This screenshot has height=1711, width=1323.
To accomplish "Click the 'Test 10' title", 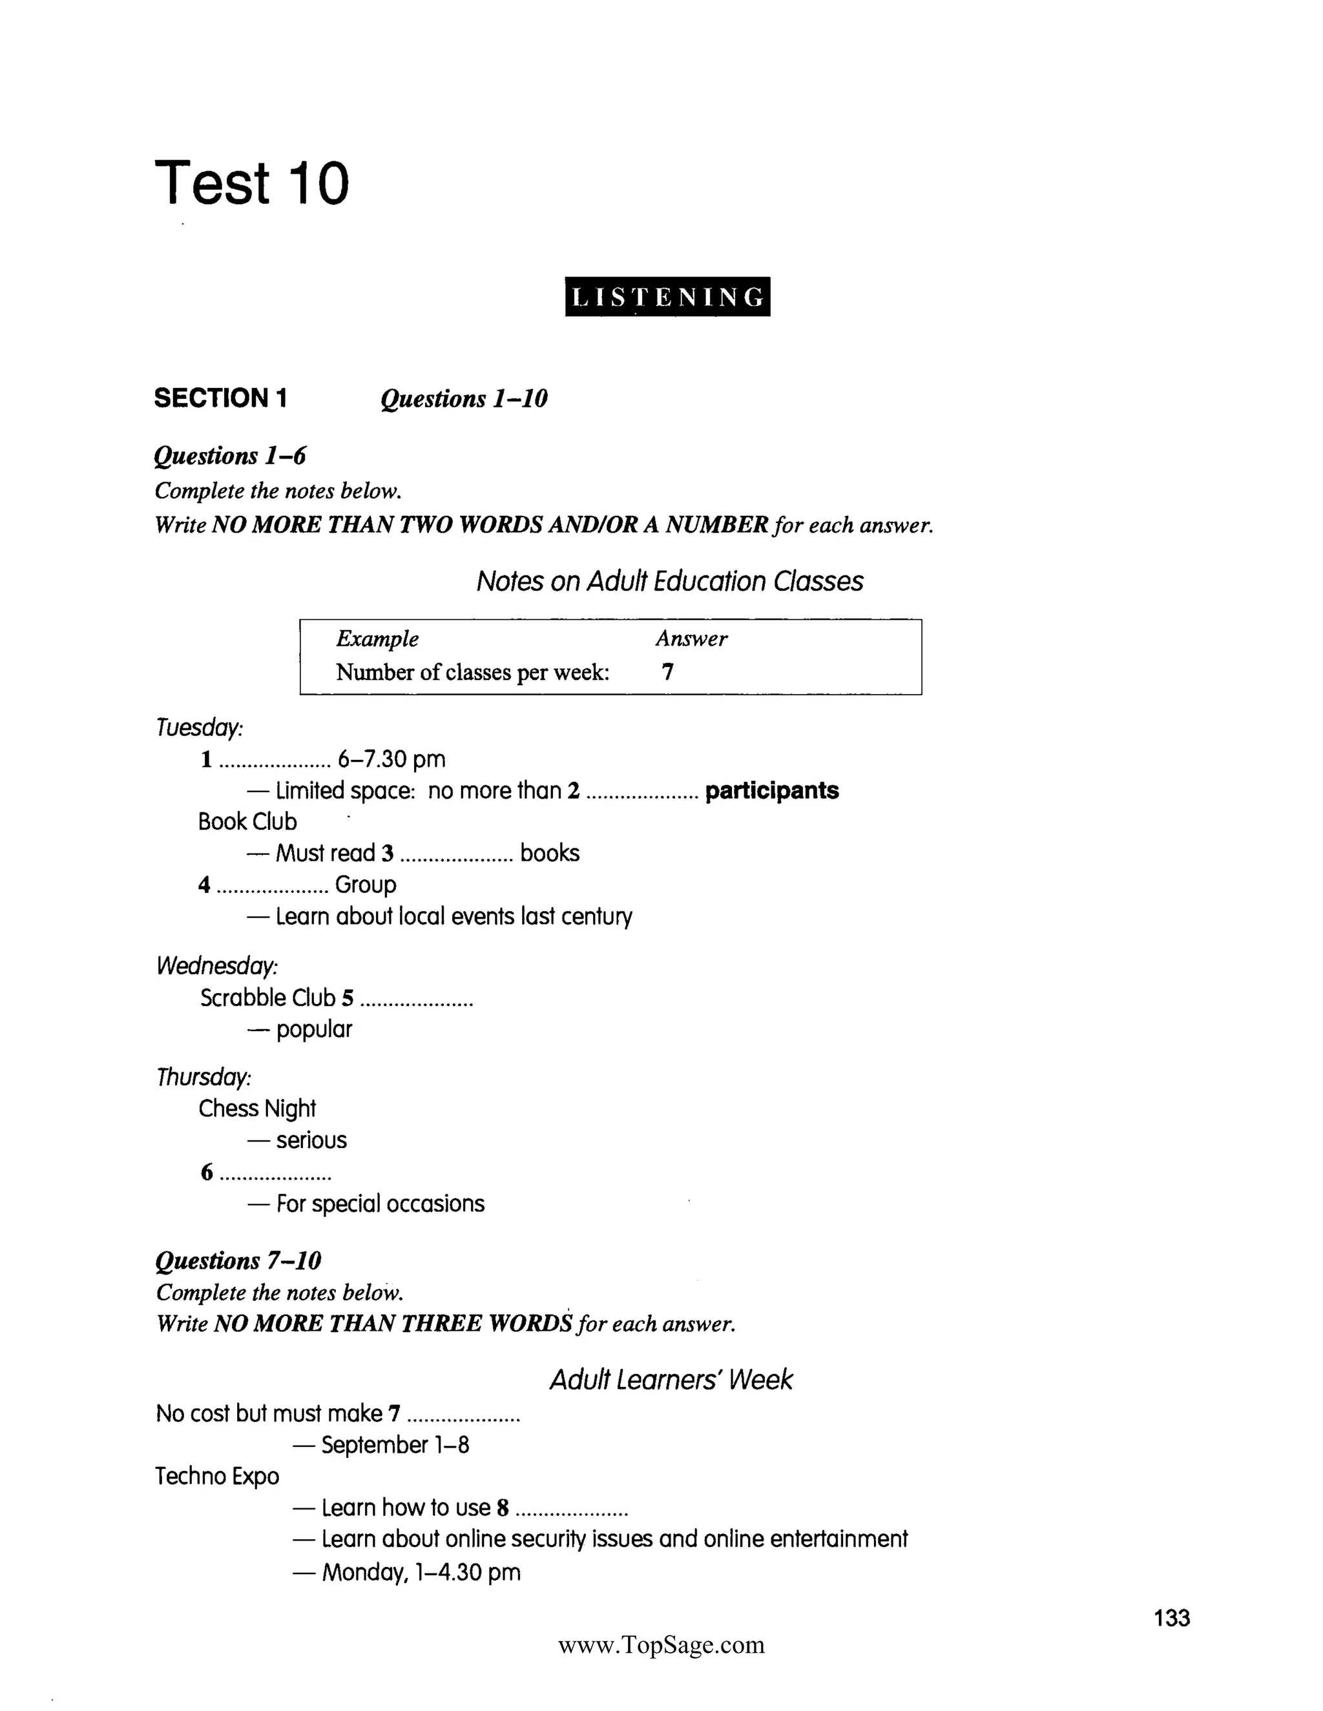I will (x=251, y=183).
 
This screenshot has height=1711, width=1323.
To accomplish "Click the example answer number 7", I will (x=667, y=671).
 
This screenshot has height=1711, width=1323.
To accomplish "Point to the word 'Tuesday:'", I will (x=199, y=728).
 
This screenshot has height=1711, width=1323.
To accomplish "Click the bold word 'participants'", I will (x=771, y=790).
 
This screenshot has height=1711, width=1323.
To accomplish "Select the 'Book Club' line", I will (x=247, y=822).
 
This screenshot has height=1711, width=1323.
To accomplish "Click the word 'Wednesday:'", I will (x=217, y=966).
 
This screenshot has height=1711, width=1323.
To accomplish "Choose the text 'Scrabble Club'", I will (x=267, y=998).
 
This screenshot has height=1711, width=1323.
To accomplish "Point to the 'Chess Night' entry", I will (x=257, y=1109).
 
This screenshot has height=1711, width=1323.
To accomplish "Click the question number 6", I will (x=207, y=1172).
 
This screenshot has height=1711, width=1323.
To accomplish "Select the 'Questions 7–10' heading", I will (x=238, y=1260).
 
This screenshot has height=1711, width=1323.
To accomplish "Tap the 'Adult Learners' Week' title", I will (x=671, y=1380).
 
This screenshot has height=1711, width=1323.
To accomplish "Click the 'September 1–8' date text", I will (x=395, y=1444).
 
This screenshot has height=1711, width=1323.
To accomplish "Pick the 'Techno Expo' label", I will (x=217, y=1476).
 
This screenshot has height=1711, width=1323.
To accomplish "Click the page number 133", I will (x=1172, y=1618).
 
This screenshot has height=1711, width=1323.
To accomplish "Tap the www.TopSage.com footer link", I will (x=661, y=1644).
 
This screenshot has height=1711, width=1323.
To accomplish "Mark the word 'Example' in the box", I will (x=377, y=639).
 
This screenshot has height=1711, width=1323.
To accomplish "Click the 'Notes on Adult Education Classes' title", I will (x=669, y=581).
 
